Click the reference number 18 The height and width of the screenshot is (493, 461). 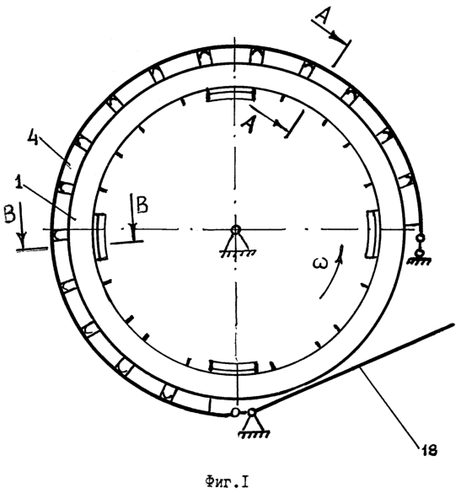pyautogui.click(x=430, y=451)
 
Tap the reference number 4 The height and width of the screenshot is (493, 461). pyautogui.click(x=33, y=137)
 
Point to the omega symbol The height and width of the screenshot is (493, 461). pyautogui.click(x=320, y=263)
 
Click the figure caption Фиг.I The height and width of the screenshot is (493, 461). pyautogui.click(x=227, y=482)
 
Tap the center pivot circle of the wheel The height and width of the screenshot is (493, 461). pyautogui.click(x=235, y=230)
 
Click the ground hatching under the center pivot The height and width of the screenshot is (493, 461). pyautogui.click(x=238, y=254)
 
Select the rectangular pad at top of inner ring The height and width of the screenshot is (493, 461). pyautogui.click(x=230, y=94)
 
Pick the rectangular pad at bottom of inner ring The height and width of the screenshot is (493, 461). pyautogui.click(x=234, y=367)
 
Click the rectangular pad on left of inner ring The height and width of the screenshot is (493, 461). pyautogui.click(x=101, y=237)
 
